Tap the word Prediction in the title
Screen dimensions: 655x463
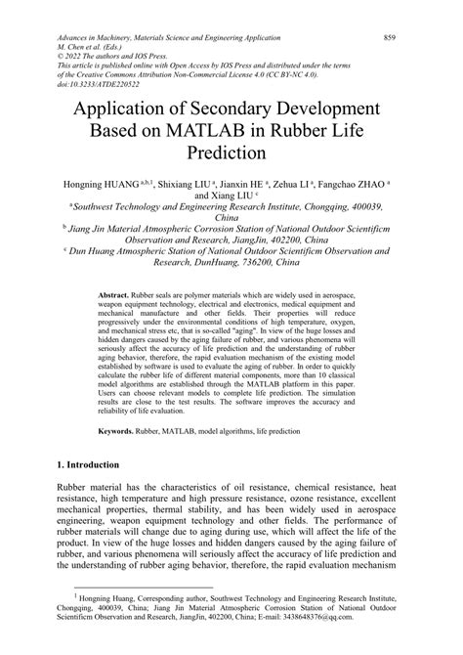(x=231, y=154)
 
